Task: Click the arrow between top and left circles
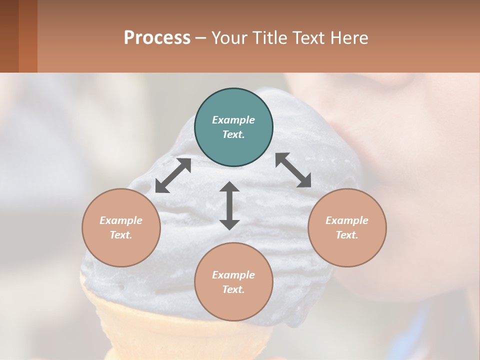[x=173, y=175]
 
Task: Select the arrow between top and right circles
[x=293, y=170]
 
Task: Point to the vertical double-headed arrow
[x=229, y=205]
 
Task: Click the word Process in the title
[x=157, y=38]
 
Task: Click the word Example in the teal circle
[x=233, y=120]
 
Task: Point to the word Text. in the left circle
[x=121, y=235]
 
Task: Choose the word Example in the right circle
[x=347, y=220]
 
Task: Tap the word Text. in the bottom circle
[x=233, y=289]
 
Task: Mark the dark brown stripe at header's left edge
[x=9, y=36]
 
